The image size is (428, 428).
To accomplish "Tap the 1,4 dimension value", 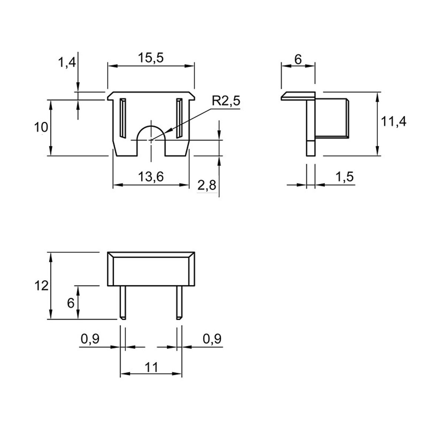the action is [67, 62].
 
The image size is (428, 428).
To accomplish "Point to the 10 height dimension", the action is [41, 127].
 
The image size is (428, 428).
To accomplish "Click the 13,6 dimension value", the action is [151, 177].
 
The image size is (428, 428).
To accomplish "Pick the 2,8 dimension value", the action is [207, 185].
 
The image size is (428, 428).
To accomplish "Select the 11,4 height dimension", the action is [393, 121].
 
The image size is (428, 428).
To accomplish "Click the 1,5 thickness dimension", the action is [344, 177].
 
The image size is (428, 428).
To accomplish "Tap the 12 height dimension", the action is [41, 286].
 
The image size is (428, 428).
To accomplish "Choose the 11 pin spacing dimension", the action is [151, 367].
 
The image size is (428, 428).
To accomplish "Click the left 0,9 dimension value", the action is [90, 339].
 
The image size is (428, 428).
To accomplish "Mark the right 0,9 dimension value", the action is [212, 339].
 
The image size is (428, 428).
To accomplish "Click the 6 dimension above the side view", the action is [298, 59].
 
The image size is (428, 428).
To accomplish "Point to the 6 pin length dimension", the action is [71, 303].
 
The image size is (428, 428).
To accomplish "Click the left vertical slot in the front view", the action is [123, 118].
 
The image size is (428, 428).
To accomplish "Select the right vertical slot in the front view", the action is [179, 118].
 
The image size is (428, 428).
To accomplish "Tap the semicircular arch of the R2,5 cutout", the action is [151, 126].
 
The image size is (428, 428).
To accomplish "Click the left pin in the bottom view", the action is [123, 302].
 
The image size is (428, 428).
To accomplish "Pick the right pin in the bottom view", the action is [179, 302].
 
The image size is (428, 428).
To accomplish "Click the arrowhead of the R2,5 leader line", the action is [167, 131].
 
